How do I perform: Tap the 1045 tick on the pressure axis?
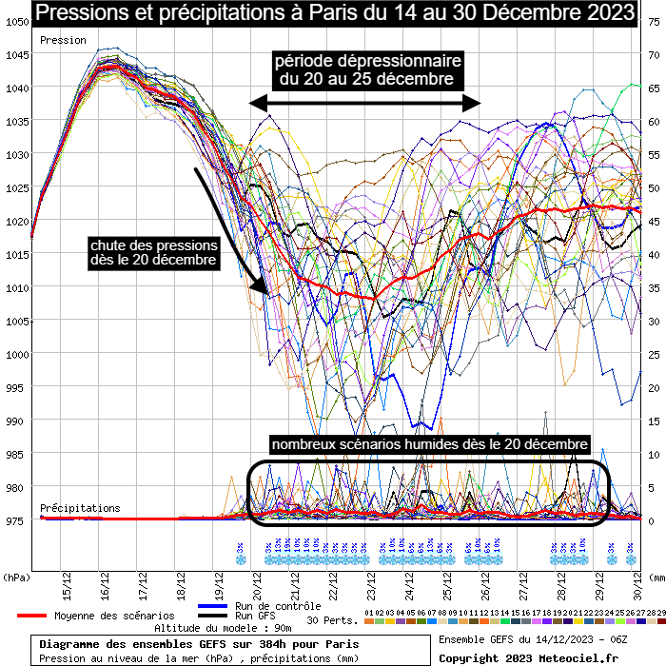click(15, 54)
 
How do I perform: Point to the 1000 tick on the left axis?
click(15, 354)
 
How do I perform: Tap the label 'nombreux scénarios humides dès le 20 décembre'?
click(430, 444)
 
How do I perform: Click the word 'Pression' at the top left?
click(63, 41)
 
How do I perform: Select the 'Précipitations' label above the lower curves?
click(80, 509)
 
